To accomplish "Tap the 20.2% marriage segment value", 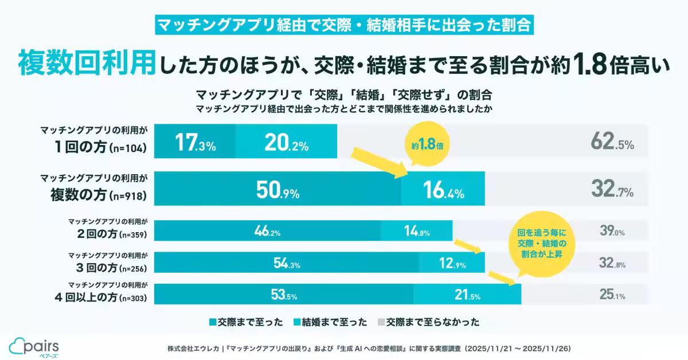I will [x=286, y=144].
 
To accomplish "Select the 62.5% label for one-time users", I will [x=612, y=143].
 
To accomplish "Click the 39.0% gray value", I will [x=612, y=232].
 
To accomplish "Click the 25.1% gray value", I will [x=612, y=296].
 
